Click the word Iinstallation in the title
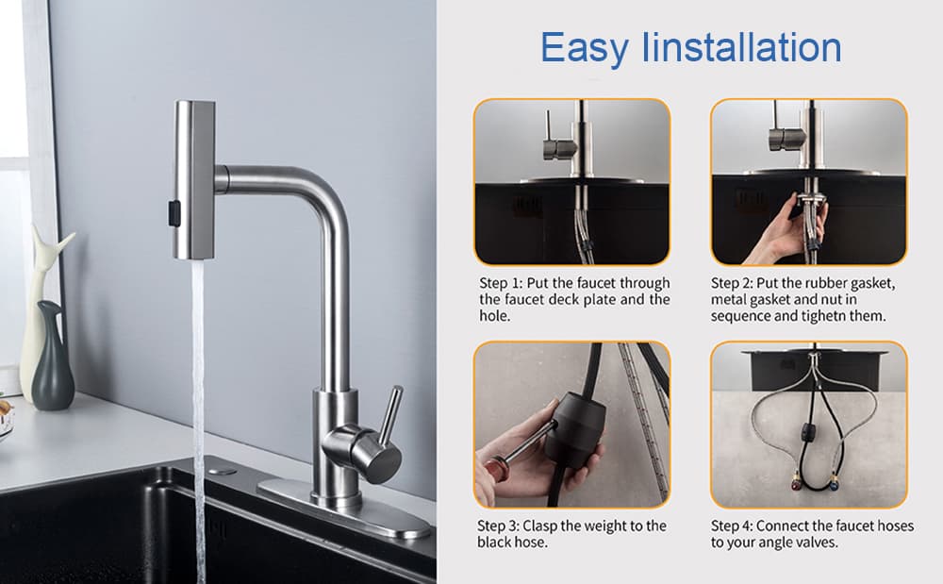coord(746,47)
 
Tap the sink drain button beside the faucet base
coord(223,469)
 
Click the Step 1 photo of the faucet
coord(571,181)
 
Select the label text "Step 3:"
coord(499,526)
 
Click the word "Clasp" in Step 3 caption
coord(543,526)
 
